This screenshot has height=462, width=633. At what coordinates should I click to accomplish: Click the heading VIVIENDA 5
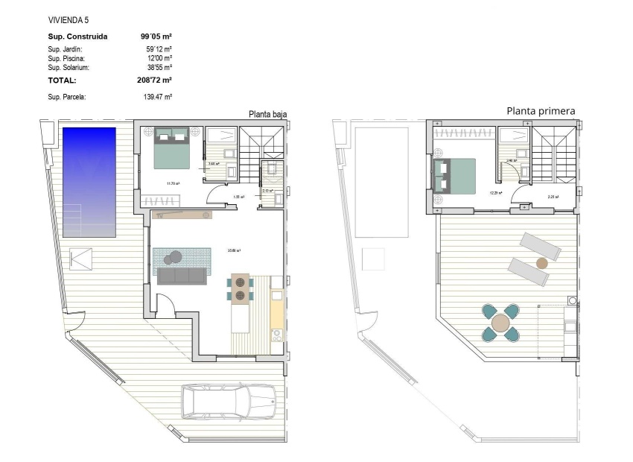click(68, 19)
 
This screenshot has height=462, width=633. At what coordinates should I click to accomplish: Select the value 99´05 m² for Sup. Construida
click(156, 36)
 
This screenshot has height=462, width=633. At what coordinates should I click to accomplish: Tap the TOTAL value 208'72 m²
click(156, 80)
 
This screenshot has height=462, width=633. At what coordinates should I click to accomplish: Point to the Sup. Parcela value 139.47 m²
click(158, 97)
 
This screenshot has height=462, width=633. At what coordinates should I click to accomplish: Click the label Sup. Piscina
click(66, 58)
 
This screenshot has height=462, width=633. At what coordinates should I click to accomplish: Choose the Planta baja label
click(267, 114)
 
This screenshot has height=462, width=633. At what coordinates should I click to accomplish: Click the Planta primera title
click(541, 111)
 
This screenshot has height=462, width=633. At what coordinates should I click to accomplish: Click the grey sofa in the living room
click(182, 276)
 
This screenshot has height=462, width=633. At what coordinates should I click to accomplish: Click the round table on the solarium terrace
click(500, 323)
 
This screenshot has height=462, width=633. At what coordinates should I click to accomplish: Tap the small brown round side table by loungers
click(542, 263)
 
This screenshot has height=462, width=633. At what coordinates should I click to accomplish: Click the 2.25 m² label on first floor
click(553, 197)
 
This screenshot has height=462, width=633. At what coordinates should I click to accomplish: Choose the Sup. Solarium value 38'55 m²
click(159, 67)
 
